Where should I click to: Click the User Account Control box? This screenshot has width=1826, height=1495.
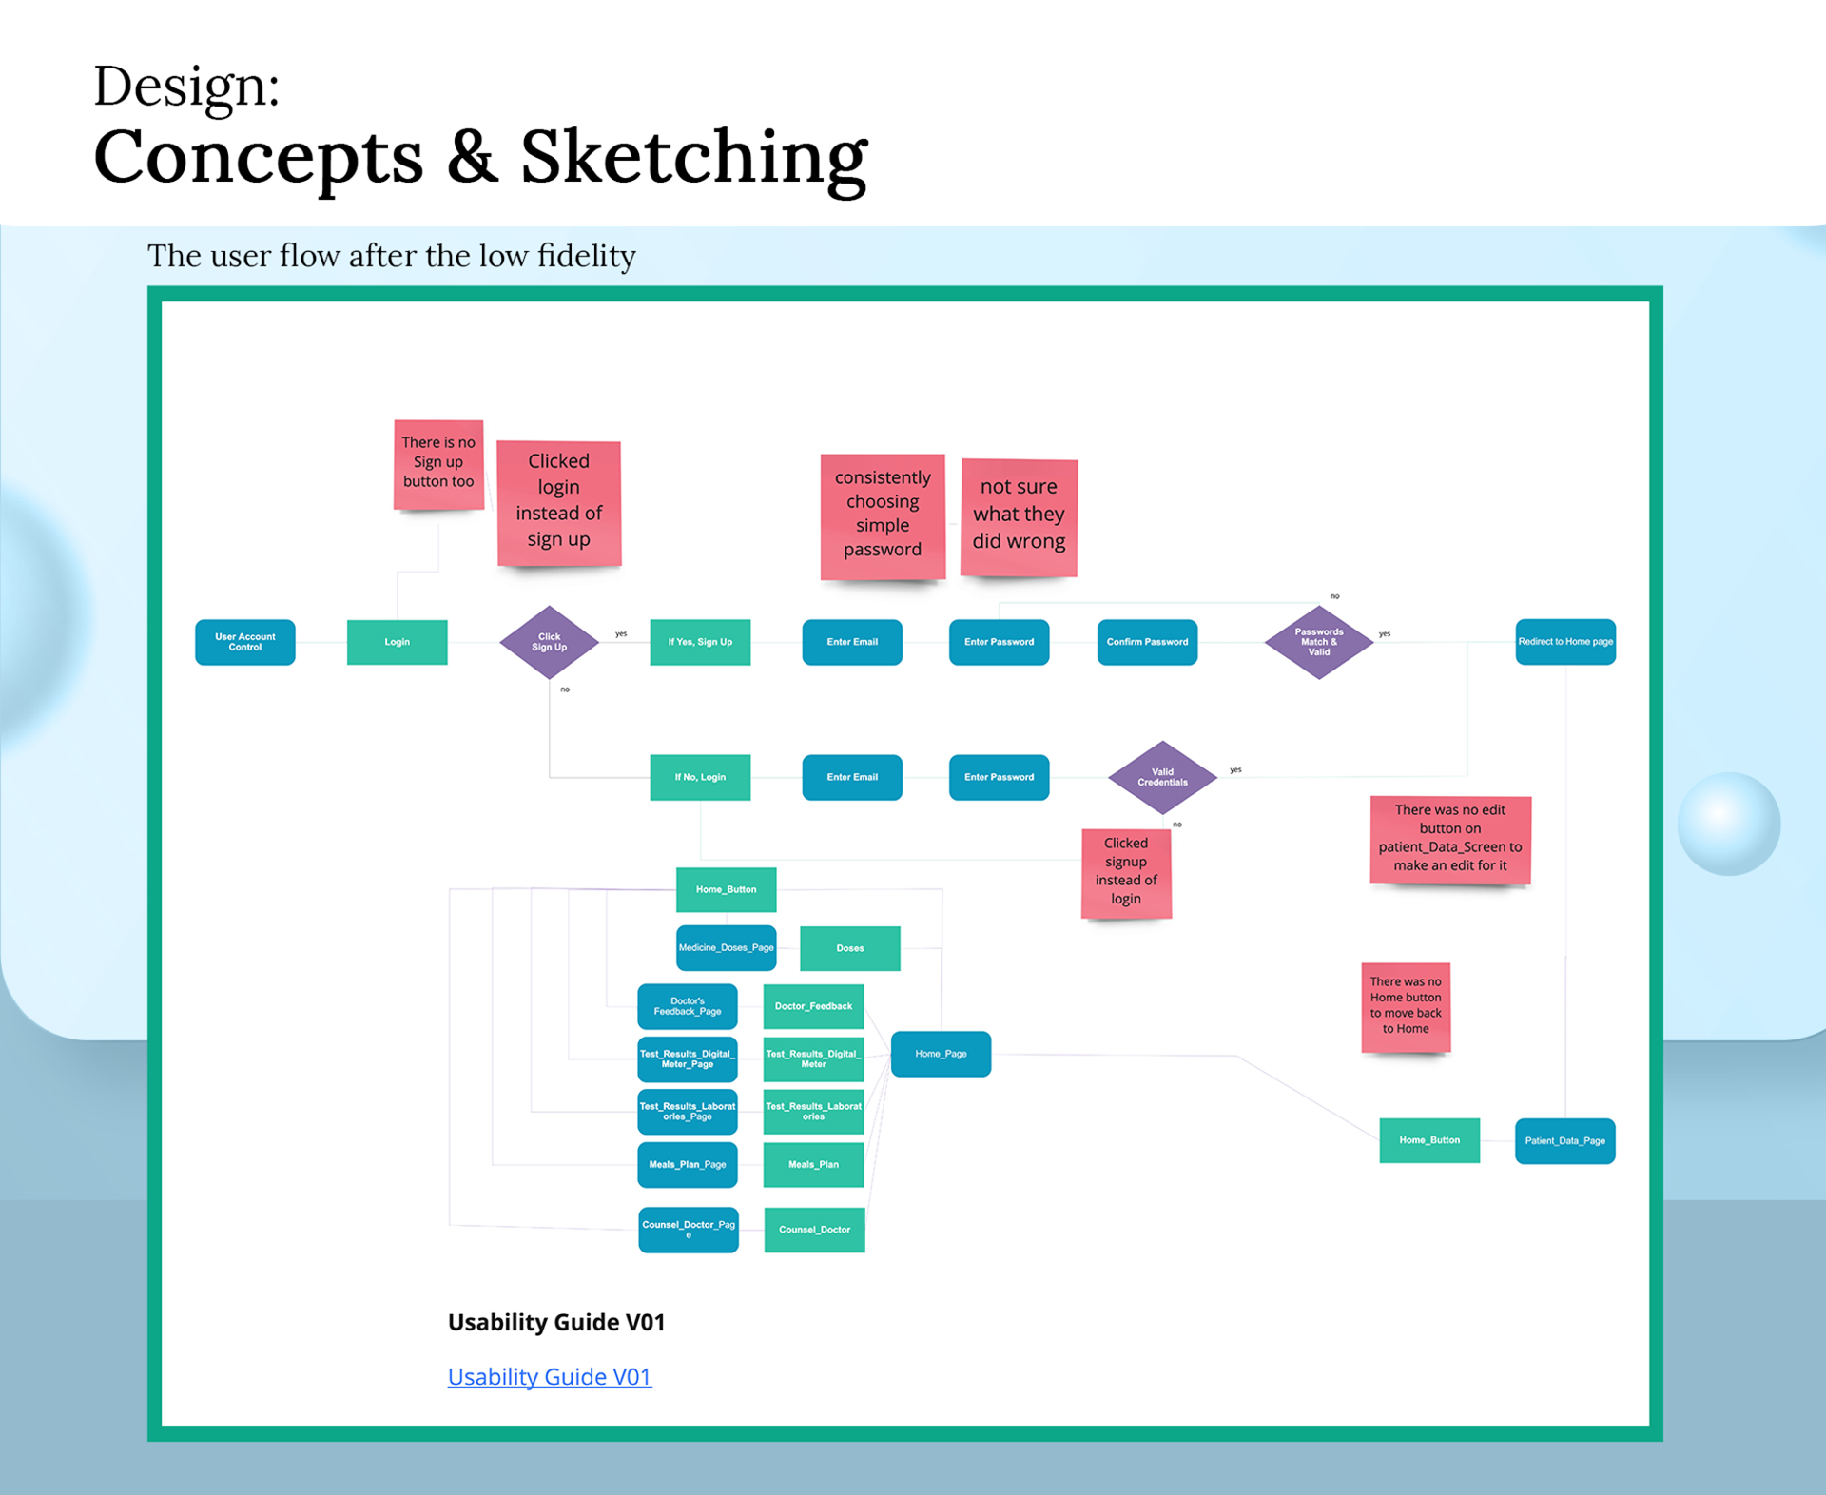coord(244,642)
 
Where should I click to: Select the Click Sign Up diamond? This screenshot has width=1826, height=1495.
coord(549,642)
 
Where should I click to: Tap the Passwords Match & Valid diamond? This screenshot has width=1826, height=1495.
coord(1318,642)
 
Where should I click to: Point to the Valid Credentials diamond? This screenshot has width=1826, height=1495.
coord(1162,777)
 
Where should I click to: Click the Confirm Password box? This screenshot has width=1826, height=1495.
coord(1147,642)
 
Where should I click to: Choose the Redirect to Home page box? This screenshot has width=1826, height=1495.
coord(1564,642)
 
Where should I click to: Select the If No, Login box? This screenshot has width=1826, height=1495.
coord(700,777)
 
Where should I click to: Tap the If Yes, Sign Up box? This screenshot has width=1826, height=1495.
coord(700,642)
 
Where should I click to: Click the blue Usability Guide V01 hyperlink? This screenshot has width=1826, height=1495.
coord(549,1376)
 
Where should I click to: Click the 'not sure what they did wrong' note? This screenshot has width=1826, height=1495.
coord(1019,515)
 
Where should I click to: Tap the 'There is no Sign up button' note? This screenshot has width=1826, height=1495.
coord(438,463)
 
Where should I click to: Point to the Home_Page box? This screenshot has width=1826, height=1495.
coord(941,1054)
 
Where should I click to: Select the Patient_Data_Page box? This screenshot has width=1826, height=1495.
coord(1564,1140)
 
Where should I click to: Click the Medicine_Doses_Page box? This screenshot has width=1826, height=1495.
coord(726,947)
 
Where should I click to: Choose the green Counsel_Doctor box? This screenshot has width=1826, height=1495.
coord(814,1230)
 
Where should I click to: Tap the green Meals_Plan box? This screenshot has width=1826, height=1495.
coord(813,1164)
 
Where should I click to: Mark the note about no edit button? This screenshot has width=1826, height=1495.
coord(1449,838)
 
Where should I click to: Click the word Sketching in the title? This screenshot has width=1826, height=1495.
coord(693,158)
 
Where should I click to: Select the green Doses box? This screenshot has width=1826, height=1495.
coord(849,948)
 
